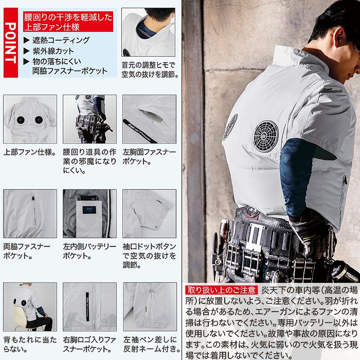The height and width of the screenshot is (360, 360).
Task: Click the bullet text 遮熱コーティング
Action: (x=61, y=40)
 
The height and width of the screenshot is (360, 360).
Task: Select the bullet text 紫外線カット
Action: (x=53, y=51)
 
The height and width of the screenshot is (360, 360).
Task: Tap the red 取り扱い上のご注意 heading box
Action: (x=222, y=290)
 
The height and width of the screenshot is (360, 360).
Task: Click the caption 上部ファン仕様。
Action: (x=29, y=153)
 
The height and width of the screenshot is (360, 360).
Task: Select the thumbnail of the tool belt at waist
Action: (x=89, y=119)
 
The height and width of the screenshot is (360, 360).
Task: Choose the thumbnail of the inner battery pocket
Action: (x=89, y=213)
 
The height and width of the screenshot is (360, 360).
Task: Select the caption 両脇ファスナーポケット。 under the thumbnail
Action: (x=27, y=251)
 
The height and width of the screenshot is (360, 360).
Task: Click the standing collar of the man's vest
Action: (x=288, y=59)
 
